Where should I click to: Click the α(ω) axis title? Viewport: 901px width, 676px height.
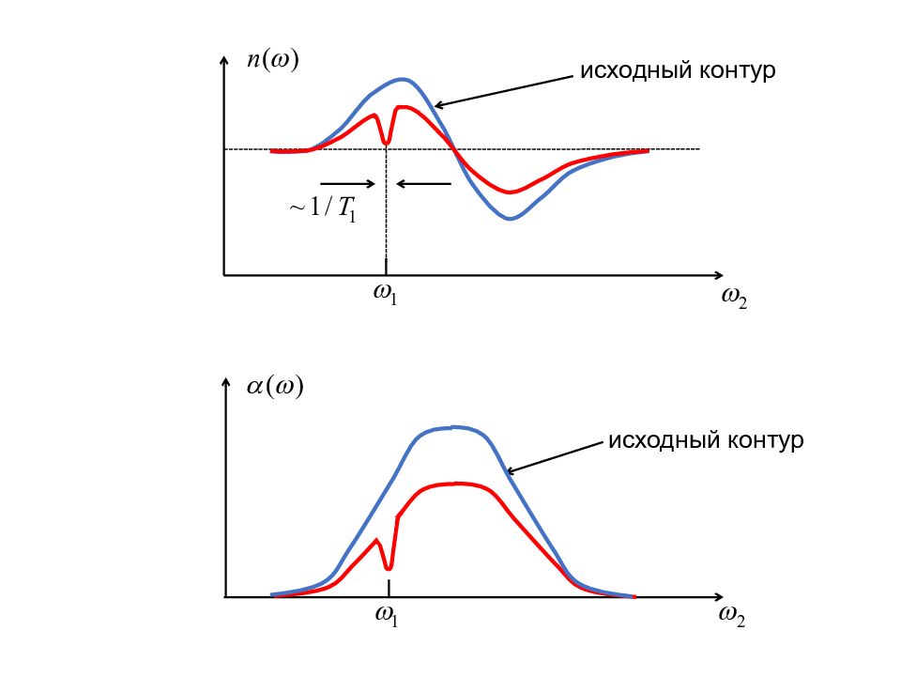click(275, 387)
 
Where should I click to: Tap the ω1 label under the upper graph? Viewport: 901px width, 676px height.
click(386, 294)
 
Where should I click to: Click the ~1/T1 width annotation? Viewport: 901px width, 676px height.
click(322, 207)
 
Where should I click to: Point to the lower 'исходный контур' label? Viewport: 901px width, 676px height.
click(706, 440)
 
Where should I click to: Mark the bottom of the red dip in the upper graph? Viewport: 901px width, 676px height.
click(386, 145)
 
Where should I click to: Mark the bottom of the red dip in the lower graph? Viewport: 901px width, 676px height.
click(389, 568)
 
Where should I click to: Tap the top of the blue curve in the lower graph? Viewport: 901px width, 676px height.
click(454, 427)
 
